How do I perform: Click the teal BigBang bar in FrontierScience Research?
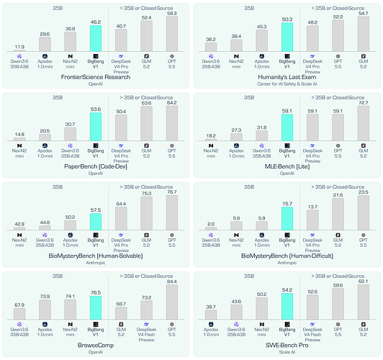(96, 38)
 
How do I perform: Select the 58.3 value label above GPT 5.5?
(172, 14)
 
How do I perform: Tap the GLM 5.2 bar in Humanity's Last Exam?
(364, 34)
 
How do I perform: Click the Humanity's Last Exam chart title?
(287, 77)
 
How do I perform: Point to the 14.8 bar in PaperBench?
(19, 139)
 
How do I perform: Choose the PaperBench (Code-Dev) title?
(96, 166)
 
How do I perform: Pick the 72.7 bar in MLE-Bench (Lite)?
(364, 123)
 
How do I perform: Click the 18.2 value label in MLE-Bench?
(211, 136)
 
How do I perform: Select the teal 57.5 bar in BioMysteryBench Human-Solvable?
(96, 222)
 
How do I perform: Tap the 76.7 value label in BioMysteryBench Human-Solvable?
(172, 192)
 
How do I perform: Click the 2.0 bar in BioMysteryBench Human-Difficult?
(211, 229)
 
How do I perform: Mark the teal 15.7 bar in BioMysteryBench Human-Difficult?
(287, 219)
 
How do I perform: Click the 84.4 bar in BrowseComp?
(172, 302)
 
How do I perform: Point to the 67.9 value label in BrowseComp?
(19, 305)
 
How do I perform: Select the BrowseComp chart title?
(96, 346)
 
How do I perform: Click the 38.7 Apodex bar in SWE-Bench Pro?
(211, 315)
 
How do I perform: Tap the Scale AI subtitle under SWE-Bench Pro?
(287, 352)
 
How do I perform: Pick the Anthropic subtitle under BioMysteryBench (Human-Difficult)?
(287, 263)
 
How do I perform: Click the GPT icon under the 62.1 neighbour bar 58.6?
(338, 324)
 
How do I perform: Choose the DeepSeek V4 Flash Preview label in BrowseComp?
(146, 335)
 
